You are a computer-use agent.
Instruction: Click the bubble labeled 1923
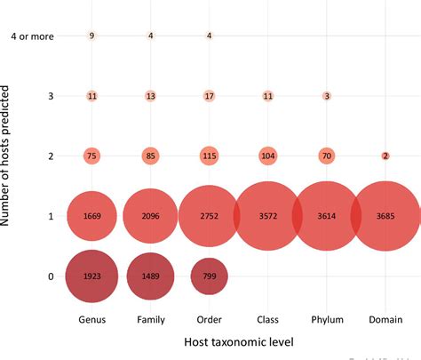click(x=91, y=276)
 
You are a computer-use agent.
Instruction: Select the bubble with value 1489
click(x=150, y=276)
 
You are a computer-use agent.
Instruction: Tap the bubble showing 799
click(x=209, y=276)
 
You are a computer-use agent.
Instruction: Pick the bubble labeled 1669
click(x=91, y=216)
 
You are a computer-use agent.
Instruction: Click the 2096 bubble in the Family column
click(x=150, y=216)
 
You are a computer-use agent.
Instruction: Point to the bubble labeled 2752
click(x=209, y=216)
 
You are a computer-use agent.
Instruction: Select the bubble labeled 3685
click(x=385, y=216)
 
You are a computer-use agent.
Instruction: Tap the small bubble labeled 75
click(x=91, y=156)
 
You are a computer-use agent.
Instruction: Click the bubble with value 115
click(x=209, y=156)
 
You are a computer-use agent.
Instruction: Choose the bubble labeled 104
click(x=267, y=156)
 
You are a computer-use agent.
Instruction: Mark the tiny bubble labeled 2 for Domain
click(x=385, y=156)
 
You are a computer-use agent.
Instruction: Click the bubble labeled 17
click(x=209, y=95)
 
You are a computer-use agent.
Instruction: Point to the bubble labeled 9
click(x=91, y=36)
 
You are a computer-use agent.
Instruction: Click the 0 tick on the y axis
click(x=51, y=276)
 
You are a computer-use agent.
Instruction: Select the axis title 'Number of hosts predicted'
click(x=9, y=156)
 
